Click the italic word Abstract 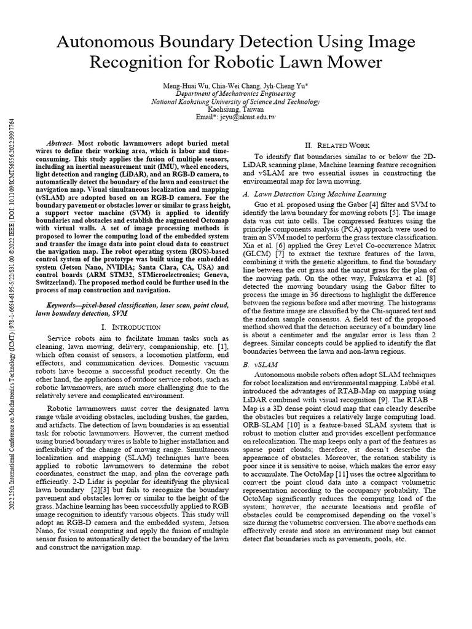[61, 141]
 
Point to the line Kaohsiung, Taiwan [235, 109]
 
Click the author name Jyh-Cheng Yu [292, 85]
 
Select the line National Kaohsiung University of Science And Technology [235, 101]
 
